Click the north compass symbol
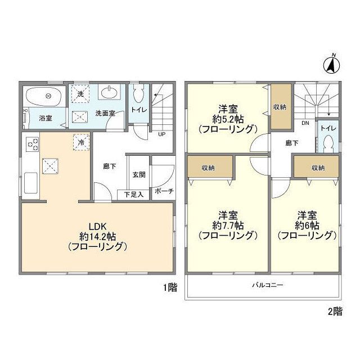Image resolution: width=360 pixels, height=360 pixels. [x=332, y=65]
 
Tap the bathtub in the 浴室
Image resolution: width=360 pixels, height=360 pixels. [x=44, y=96]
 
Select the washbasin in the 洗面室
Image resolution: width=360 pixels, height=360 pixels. [x=109, y=92]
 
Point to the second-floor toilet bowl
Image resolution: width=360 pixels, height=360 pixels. [x=328, y=143]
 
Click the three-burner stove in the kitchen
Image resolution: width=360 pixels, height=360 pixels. [x=32, y=144]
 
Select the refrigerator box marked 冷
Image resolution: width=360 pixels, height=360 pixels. [x=81, y=142]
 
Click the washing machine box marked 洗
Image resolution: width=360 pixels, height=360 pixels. [x=80, y=93]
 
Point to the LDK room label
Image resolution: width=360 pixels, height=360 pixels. [x=97, y=227]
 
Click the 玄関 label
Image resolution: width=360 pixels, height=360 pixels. [x=139, y=175]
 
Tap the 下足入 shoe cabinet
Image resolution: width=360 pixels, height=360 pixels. [x=133, y=195]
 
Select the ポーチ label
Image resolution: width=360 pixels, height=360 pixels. [x=164, y=191]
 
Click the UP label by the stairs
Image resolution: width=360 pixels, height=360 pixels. [x=162, y=134]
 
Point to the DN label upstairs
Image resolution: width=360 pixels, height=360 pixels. [x=305, y=123]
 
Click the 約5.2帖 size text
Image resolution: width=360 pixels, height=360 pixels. [x=228, y=119]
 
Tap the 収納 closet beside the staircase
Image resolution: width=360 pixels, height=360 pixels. [x=281, y=107]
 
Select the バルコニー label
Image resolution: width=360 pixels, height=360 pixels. [x=268, y=285]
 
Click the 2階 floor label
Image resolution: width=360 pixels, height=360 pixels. [x=335, y=312]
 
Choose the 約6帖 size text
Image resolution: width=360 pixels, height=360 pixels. [x=307, y=226]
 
